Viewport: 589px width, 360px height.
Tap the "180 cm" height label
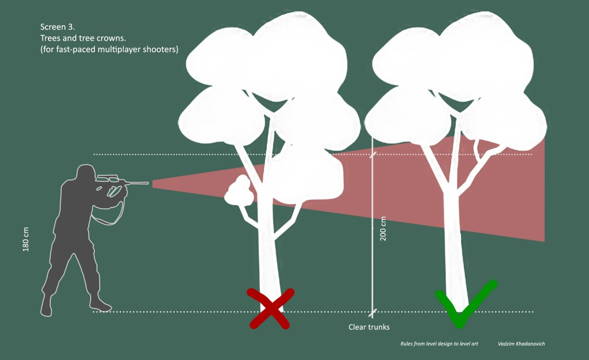[26, 239]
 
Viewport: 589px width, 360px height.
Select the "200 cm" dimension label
[383, 228]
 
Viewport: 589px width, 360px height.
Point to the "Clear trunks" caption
[369, 327]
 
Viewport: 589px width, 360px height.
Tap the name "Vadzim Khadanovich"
[521, 344]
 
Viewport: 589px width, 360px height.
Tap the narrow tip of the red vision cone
[154, 184]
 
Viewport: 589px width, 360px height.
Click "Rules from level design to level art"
[439, 344]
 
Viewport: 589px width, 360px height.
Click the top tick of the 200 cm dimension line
[373, 154]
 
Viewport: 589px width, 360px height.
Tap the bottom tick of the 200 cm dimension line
[373, 312]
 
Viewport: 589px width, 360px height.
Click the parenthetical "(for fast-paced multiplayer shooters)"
[109, 50]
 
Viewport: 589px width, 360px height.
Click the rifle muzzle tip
[147, 183]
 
